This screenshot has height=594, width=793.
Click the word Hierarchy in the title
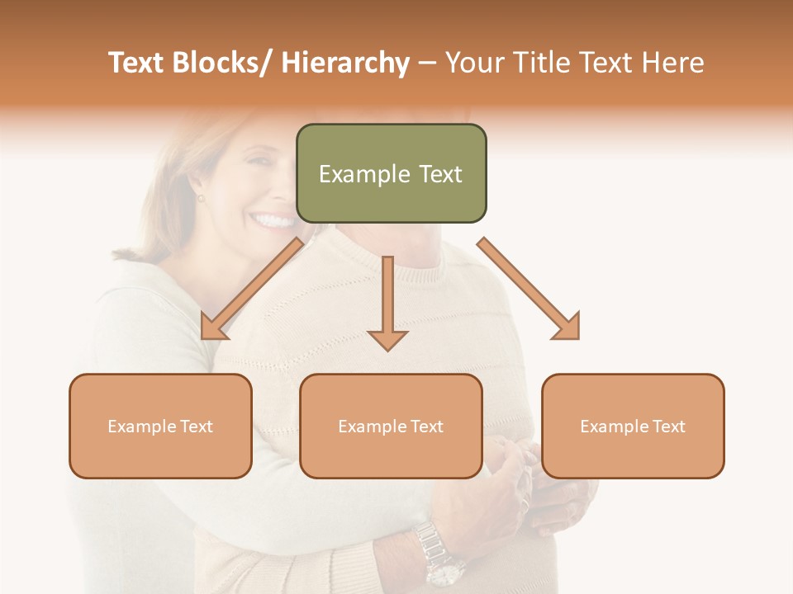coord(345,63)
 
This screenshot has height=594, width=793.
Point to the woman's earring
coord(199,198)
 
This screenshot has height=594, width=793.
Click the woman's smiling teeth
coord(273,221)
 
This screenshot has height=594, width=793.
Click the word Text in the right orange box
coord(668,427)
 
